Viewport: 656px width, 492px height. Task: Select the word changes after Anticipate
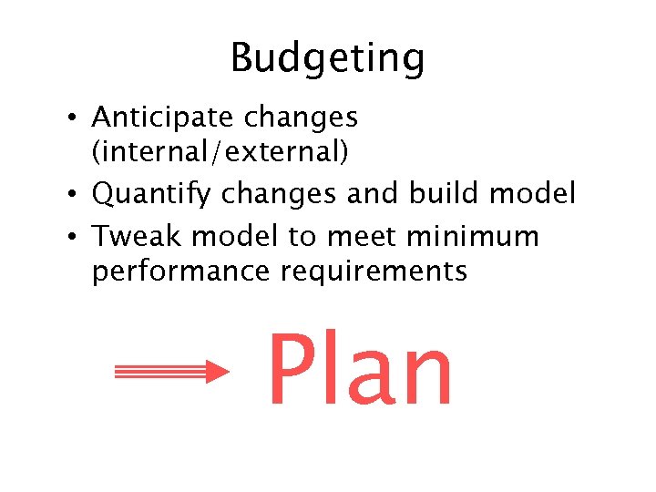click(299, 118)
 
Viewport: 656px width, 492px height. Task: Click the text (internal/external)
click(220, 152)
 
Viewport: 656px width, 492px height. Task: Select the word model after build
click(532, 193)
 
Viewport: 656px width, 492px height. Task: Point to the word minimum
click(472, 236)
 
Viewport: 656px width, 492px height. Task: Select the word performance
click(181, 271)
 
